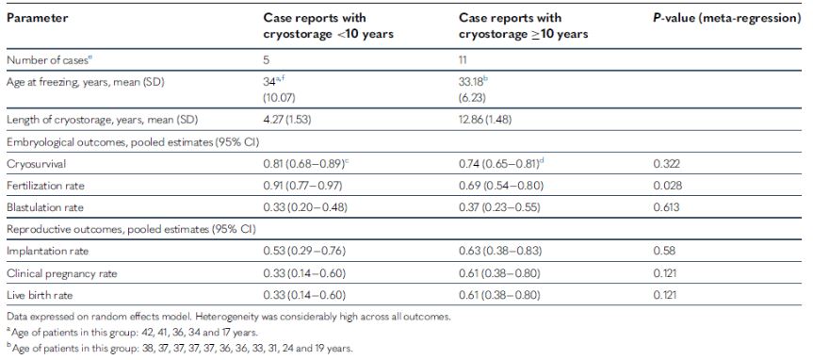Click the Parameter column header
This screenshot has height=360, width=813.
pyautogui.click(x=38, y=18)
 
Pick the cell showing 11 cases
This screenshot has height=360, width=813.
pyautogui.click(x=463, y=59)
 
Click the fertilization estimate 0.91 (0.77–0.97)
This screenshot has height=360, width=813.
pyautogui.click(x=303, y=185)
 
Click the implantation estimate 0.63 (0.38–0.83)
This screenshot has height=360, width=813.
pyautogui.click(x=500, y=251)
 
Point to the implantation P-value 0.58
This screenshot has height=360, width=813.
pyautogui.click(x=662, y=251)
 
